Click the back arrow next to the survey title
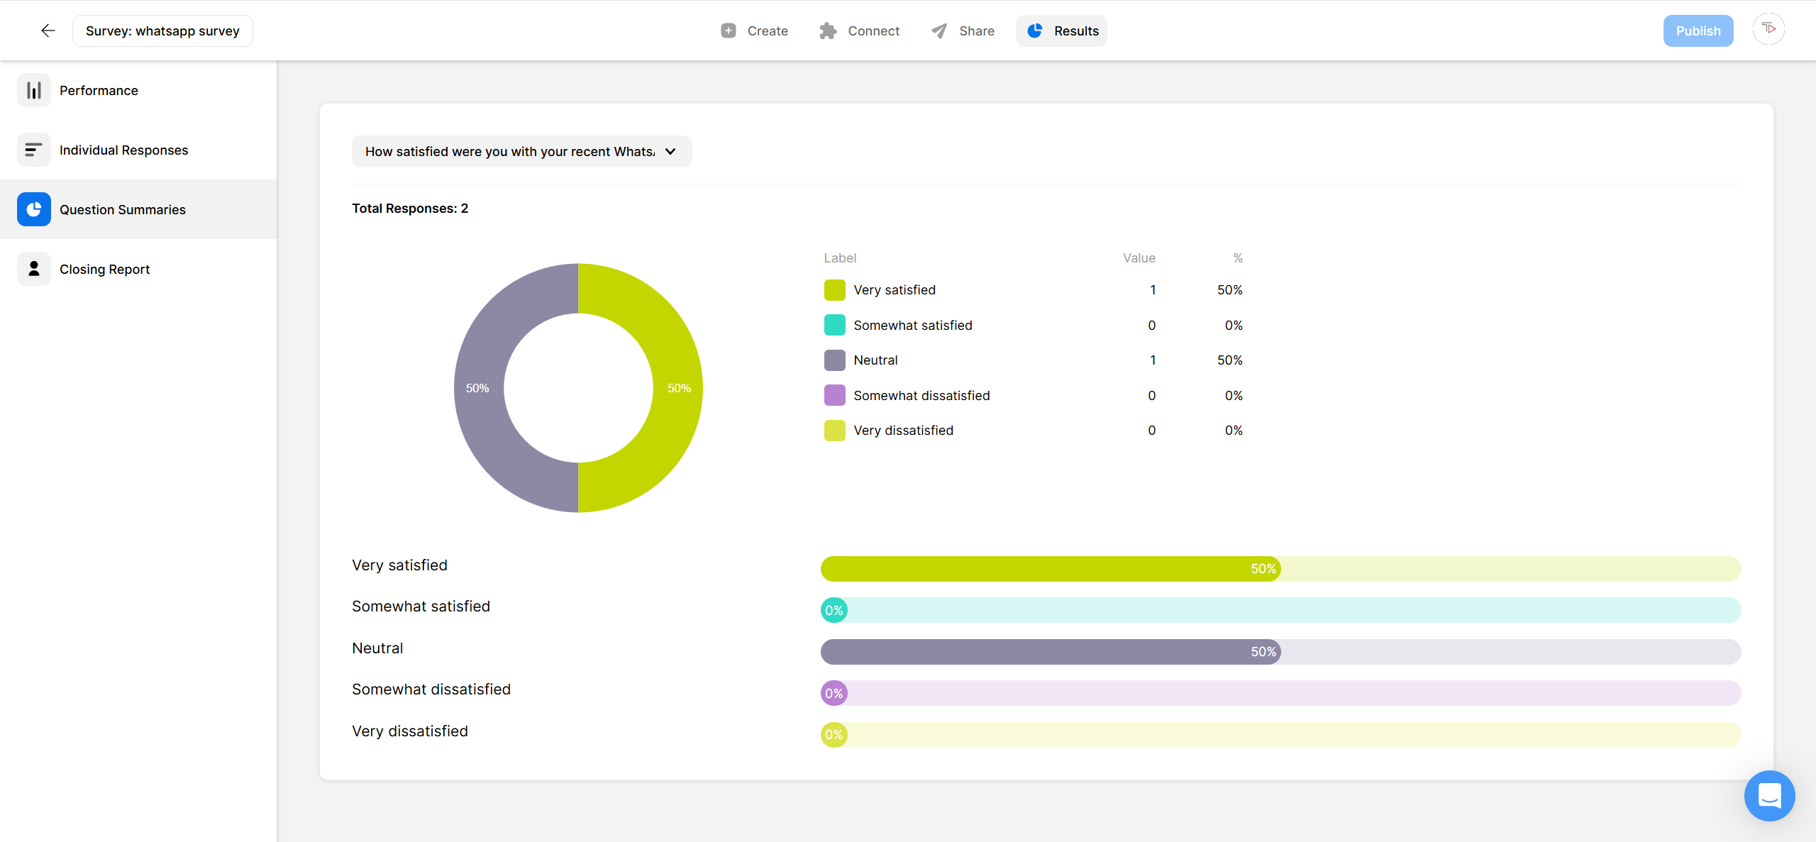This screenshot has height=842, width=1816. point(48,31)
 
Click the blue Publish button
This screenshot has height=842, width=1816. point(1698,31)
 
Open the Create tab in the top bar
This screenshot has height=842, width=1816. point(754,31)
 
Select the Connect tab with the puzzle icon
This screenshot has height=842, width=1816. point(859,31)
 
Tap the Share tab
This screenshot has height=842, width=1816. point(963,31)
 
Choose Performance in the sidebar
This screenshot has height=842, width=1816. point(99,90)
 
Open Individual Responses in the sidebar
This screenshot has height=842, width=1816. point(123,150)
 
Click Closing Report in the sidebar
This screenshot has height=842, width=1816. point(104,269)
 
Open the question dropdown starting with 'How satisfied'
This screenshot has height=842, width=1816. point(521,151)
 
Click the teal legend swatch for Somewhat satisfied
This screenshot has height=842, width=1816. point(834,325)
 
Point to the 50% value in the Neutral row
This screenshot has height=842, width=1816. point(1229,360)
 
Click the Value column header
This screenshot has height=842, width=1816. point(1139,257)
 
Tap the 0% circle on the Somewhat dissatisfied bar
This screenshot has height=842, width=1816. point(834,693)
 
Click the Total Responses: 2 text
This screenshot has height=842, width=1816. point(410,208)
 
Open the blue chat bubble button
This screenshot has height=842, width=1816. point(1769,795)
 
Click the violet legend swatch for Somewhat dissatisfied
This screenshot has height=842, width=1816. point(834,395)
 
